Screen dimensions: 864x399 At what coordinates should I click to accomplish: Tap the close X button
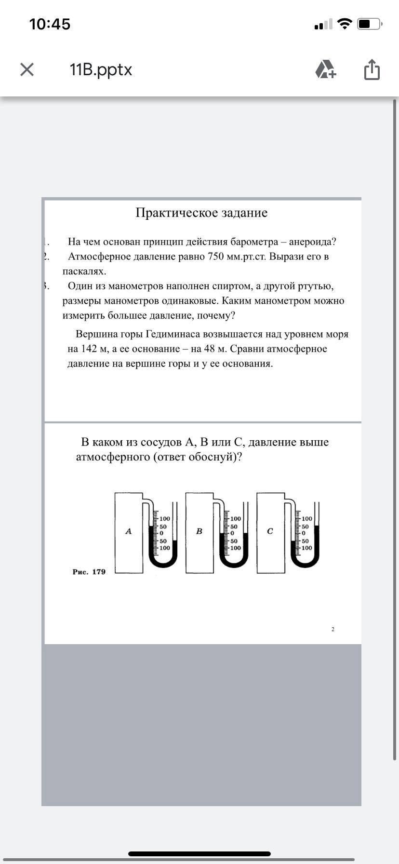pyautogui.click(x=27, y=70)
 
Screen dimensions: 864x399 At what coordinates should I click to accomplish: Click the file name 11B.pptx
pyautogui.click(x=101, y=70)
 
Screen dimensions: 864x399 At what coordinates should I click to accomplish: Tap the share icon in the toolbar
pyautogui.click(x=372, y=70)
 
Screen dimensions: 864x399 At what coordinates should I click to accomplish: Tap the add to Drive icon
pyautogui.click(x=326, y=70)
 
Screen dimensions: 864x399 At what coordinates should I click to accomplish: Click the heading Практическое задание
pyautogui.click(x=201, y=213)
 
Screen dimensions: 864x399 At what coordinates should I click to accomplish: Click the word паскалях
pyautogui.click(x=84, y=271)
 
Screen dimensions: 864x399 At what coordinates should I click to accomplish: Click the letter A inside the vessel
pyautogui.click(x=128, y=531)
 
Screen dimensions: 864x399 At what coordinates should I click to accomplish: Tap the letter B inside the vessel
pyautogui.click(x=199, y=531)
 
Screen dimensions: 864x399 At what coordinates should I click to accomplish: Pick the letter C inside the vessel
pyautogui.click(x=270, y=531)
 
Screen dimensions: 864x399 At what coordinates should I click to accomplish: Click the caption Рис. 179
pyautogui.click(x=89, y=572)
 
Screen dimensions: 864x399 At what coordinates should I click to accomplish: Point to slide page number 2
pyautogui.click(x=333, y=629)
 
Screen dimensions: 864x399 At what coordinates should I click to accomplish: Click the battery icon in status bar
pyautogui.click(x=370, y=24)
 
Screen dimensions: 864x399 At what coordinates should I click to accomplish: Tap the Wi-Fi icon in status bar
pyautogui.click(x=345, y=24)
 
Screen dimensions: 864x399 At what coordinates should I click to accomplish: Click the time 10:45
pyautogui.click(x=50, y=24)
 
